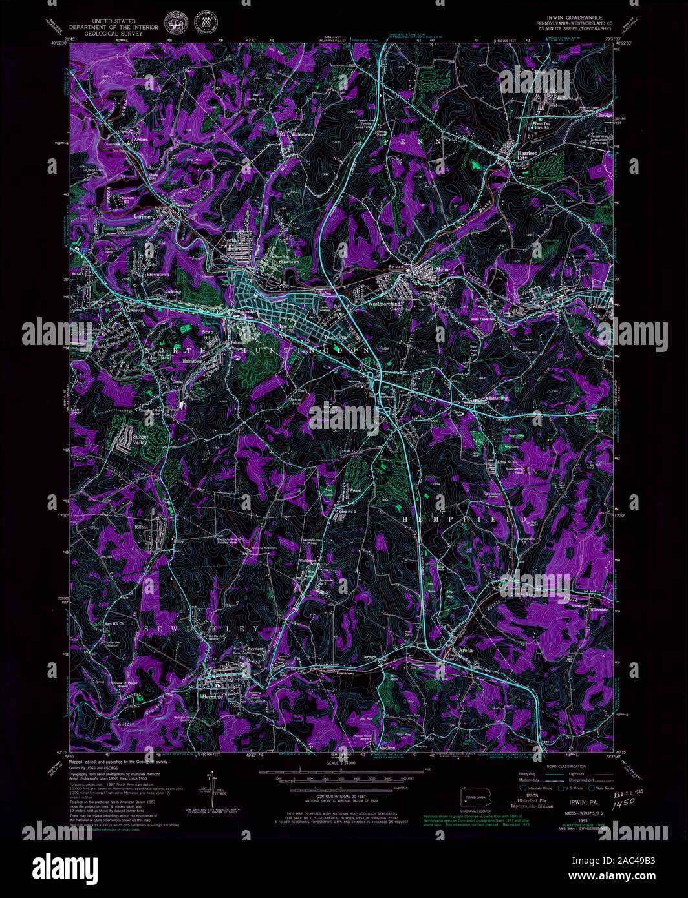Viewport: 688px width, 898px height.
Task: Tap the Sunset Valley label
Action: pyautogui.click(x=140, y=440)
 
